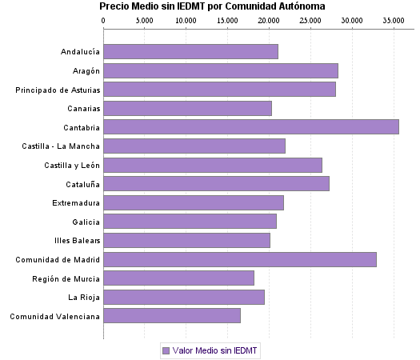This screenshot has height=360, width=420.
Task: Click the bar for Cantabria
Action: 251,126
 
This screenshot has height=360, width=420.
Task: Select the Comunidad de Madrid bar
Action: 240,259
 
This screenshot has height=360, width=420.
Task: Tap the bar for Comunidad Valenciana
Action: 172,316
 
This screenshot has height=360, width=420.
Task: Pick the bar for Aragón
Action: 221,70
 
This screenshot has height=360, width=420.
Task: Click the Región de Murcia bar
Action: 178,278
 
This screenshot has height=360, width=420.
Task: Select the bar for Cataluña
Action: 216,184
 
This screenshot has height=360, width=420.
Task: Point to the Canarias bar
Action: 187,108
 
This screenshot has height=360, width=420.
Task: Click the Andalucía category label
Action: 80,52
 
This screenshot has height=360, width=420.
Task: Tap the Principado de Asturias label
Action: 58,90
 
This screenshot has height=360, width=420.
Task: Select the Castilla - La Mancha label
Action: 62,146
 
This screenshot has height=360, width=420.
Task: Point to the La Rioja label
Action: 84,298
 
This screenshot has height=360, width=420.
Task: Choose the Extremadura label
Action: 76,203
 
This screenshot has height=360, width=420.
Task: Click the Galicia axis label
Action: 86,222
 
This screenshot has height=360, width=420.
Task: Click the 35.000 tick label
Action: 393,20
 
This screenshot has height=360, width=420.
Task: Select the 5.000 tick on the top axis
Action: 144,20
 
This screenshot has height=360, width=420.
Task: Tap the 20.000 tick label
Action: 268,20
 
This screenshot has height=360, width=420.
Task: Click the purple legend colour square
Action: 166,350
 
